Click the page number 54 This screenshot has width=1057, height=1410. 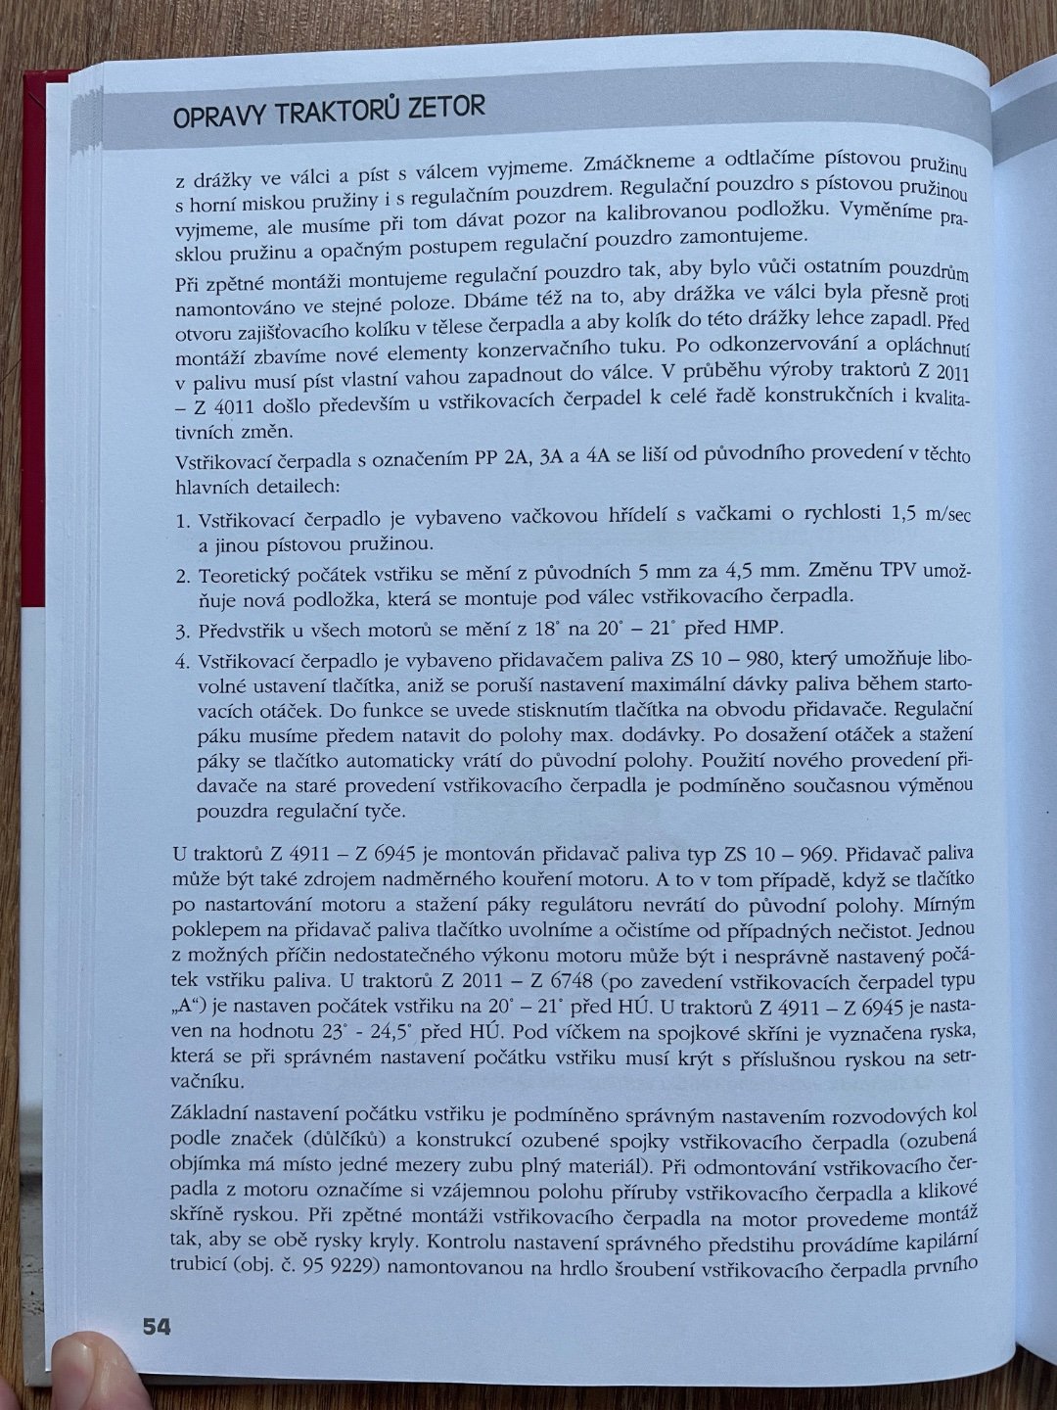(x=157, y=1327)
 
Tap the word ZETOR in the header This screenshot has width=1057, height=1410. (x=438, y=109)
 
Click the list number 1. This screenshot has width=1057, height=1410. (x=182, y=520)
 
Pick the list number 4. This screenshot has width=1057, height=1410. (x=183, y=661)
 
